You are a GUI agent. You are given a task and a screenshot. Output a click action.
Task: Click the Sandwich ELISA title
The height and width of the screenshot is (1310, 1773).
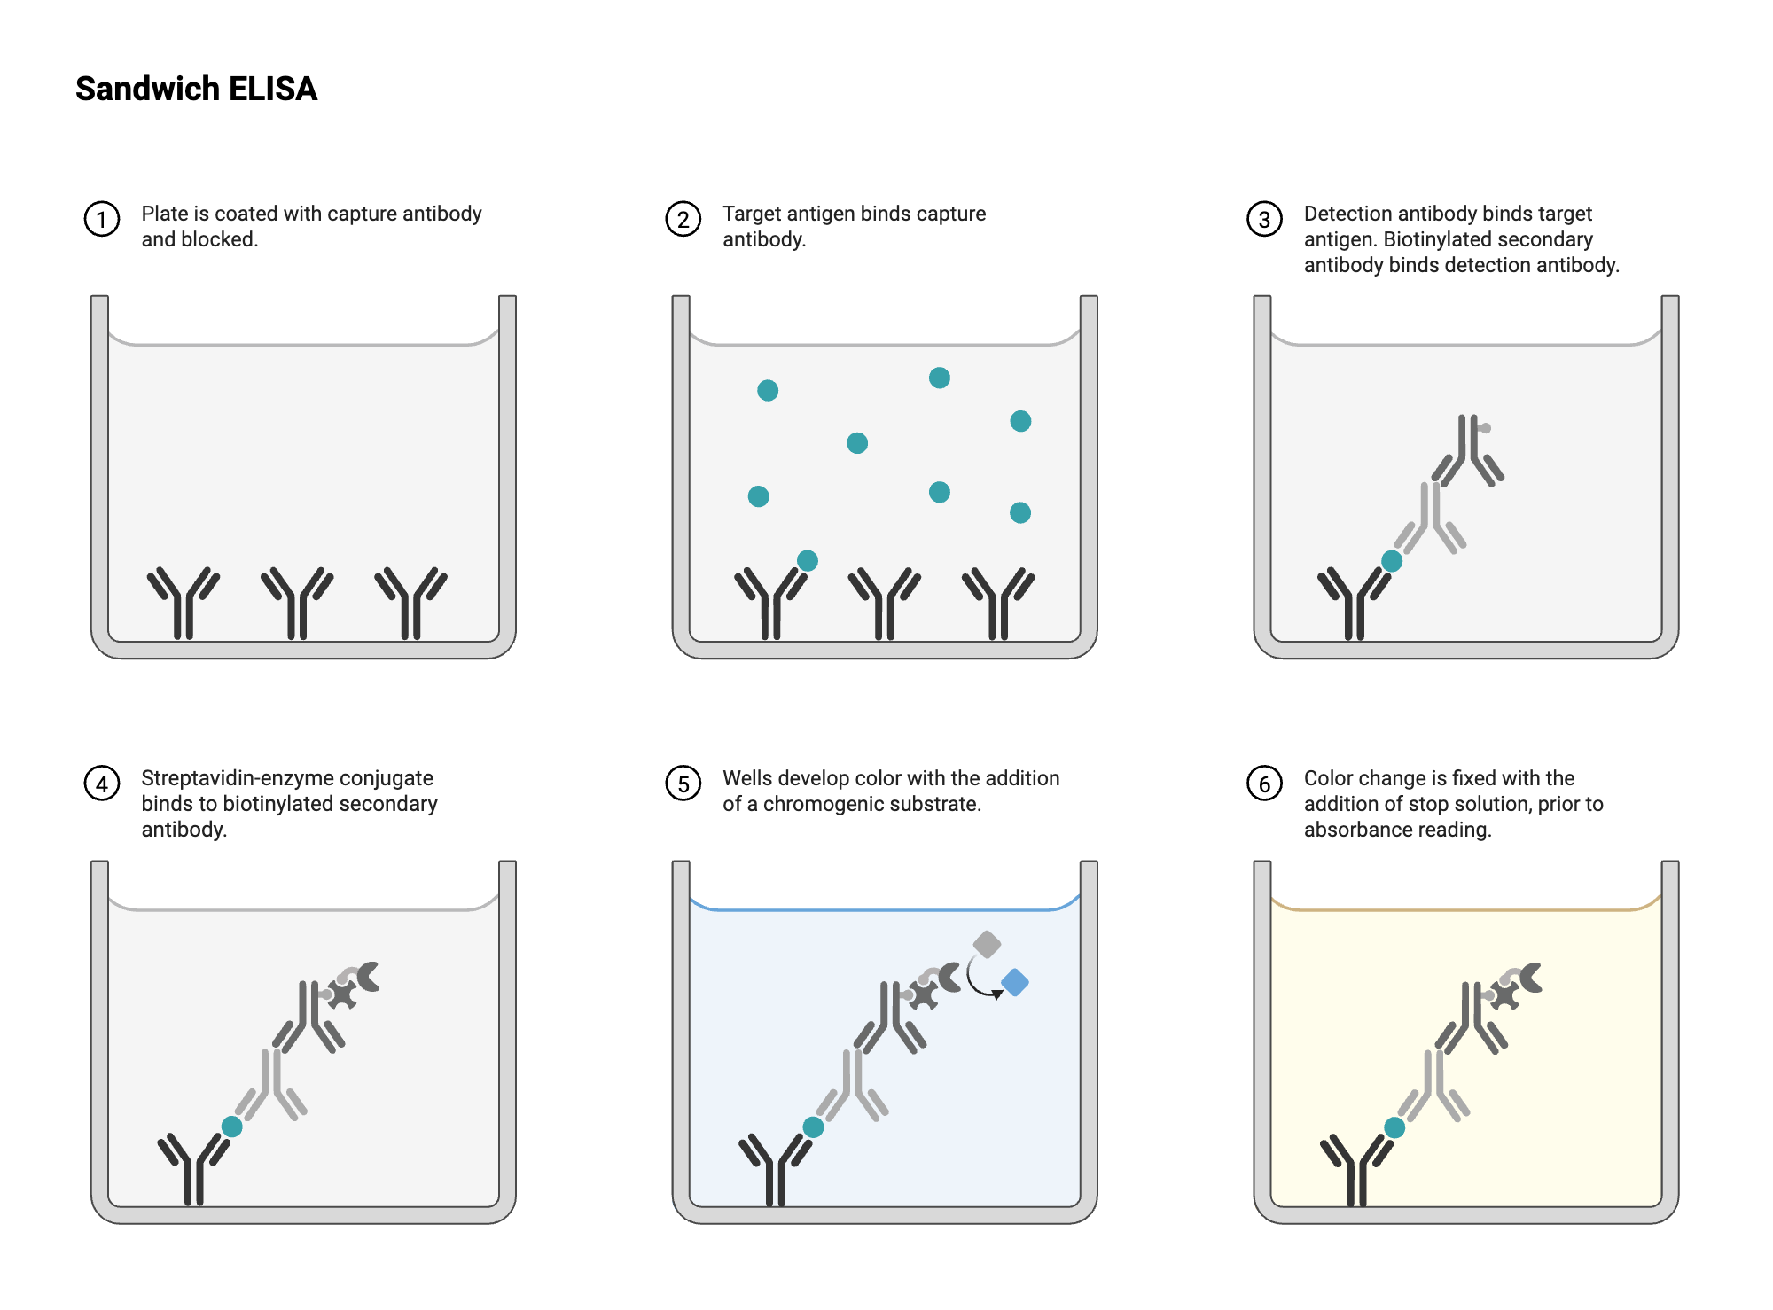click(196, 89)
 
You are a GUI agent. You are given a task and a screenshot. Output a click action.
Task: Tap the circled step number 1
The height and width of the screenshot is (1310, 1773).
click(102, 219)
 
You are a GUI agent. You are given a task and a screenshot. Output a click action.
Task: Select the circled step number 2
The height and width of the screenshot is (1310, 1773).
click(683, 219)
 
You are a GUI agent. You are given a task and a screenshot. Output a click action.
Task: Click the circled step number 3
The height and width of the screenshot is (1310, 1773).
click(1264, 219)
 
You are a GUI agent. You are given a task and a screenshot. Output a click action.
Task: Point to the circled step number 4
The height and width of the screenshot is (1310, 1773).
click(102, 784)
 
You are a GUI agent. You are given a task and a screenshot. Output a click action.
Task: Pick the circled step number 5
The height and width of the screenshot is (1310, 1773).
click(683, 784)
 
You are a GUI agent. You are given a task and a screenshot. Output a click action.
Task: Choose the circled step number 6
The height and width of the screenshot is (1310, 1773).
click(1264, 784)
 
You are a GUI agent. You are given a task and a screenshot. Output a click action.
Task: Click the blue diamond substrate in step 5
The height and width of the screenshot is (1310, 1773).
click(1015, 982)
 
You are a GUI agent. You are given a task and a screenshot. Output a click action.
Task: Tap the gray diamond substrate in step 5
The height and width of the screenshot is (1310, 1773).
click(987, 944)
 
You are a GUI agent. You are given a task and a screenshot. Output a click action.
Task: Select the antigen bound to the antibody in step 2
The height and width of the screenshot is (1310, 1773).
click(808, 560)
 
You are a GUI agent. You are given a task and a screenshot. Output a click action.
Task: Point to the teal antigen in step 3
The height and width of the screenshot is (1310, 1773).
click(1392, 561)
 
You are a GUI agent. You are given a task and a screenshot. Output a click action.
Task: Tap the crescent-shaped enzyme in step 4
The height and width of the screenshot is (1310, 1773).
click(367, 977)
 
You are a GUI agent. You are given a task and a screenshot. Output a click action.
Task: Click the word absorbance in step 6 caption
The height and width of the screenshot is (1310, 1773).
click(1353, 830)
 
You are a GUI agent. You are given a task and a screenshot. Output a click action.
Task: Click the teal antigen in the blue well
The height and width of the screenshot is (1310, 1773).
click(813, 1127)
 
